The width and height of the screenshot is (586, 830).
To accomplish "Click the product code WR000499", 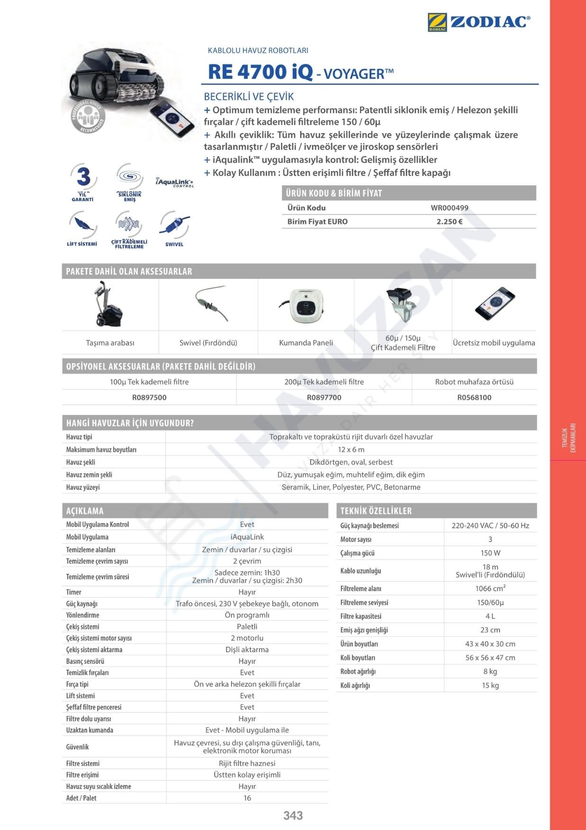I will [x=449, y=208].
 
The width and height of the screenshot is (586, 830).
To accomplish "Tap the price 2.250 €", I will [x=449, y=221].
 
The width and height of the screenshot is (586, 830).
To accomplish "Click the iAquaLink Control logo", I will [x=174, y=183].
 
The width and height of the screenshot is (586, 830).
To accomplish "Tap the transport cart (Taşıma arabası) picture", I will [x=109, y=304].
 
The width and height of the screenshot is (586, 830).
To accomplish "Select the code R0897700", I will [x=324, y=397].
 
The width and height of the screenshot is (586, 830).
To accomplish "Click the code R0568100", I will [x=474, y=397].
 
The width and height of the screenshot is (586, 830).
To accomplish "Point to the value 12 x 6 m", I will [x=351, y=450].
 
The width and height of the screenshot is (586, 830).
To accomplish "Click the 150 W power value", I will [x=490, y=553].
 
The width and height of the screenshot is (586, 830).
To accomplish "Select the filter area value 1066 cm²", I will [x=490, y=589].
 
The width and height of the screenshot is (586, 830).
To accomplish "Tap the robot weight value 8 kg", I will [x=490, y=672].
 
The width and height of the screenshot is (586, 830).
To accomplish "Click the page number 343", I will [x=293, y=815].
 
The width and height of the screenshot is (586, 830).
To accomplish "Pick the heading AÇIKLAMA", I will [x=85, y=511].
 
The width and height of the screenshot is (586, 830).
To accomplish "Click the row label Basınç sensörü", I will [x=85, y=661].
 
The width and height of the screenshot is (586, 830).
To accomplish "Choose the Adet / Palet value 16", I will [x=247, y=798].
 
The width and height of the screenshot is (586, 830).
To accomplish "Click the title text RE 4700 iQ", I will [x=260, y=72].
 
